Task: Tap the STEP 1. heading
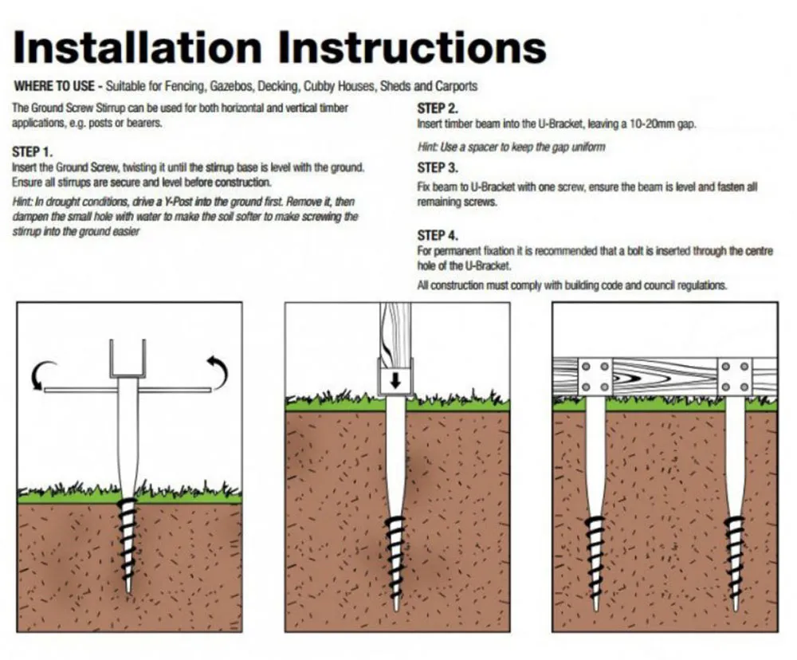tap(33, 151)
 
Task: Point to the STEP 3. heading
tap(438, 167)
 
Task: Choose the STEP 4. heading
tap(438, 235)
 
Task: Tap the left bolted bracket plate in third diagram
tap(596, 375)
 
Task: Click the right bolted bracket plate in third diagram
tap(734, 375)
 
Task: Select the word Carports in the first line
tap(457, 86)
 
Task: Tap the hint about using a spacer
tap(512, 147)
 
